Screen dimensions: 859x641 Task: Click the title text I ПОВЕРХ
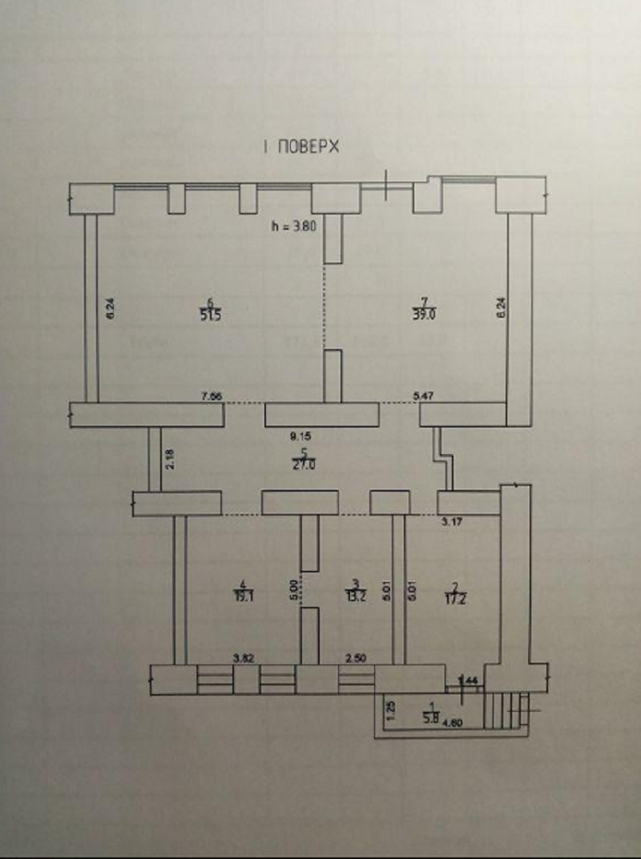[300, 147]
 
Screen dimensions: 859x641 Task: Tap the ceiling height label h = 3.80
[296, 226]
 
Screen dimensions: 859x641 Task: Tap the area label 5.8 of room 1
[429, 719]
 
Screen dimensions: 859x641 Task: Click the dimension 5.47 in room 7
[423, 395]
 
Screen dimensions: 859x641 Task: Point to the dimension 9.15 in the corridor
[300, 437]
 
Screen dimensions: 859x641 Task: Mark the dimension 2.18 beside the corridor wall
[167, 460]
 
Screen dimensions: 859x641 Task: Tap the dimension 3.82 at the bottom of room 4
[244, 657]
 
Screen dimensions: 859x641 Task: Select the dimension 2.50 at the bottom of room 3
[356, 657]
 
